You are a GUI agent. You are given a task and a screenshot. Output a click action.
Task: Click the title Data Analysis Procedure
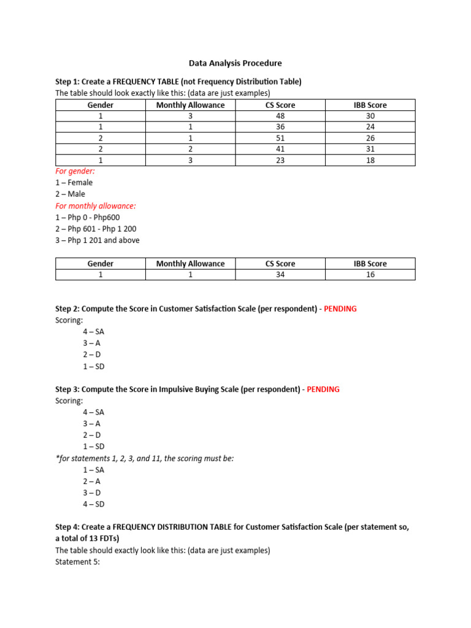[x=235, y=63]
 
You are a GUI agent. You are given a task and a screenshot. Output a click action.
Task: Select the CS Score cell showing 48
[x=280, y=116]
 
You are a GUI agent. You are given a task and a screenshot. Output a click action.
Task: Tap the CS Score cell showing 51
[x=280, y=138]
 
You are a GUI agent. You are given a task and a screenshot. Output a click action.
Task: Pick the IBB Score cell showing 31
[x=370, y=149]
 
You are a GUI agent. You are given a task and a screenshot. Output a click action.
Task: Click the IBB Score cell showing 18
[x=370, y=160]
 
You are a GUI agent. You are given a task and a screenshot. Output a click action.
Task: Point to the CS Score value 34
[x=280, y=275]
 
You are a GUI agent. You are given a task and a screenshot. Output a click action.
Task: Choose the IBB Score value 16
[x=370, y=275]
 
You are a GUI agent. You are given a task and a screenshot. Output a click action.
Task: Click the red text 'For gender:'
[x=75, y=172]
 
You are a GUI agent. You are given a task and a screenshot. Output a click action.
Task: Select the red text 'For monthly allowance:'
[x=95, y=206]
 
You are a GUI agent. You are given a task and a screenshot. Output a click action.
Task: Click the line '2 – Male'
[x=71, y=194]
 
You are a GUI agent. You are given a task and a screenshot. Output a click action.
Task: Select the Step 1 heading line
[x=178, y=82]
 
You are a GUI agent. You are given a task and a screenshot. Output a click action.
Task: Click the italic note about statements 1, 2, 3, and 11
[x=144, y=458]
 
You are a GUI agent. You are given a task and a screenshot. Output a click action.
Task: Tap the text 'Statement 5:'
[x=77, y=562]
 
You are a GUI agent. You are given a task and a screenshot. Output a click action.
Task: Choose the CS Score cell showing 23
[x=280, y=160]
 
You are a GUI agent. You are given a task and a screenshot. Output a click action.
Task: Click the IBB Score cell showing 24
[x=370, y=127]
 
